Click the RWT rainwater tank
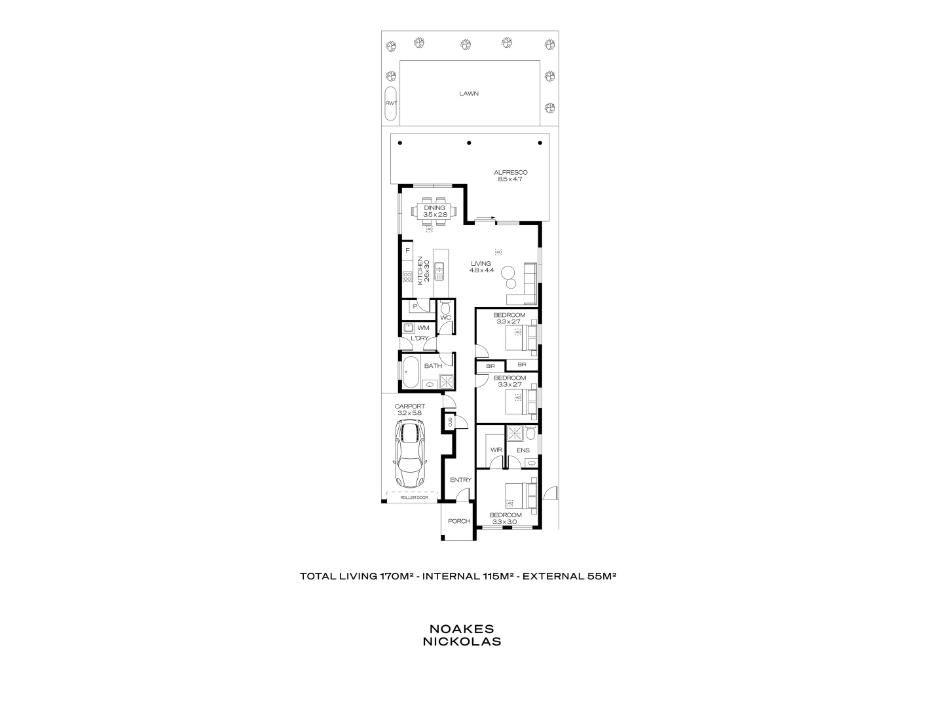pyautogui.click(x=391, y=103)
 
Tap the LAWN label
pyautogui.click(x=468, y=94)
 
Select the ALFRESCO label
pyautogui.click(x=511, y=173)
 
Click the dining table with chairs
pyautogui.click(x=434, y=211)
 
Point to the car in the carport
pyautogui.click(x=408, y=453)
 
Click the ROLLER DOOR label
pyautogui.click(x=414, y=498)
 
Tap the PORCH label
pyautogui.click(x=459, y=522)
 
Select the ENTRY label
pyautogui.click(x=460, y=480)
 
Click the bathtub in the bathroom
pyautogui.click(x=412, y=373)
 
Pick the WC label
pyautogui.click(x=445, y=318)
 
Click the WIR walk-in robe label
pyautogui.click(x=496, y=450)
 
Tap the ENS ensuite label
pyautogui.click(x=523, y=450)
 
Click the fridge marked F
pyautogui.click(x=407, y=251)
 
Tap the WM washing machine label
pyautogui.click(x=423, y=327)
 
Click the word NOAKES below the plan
pyautogui.click(x=462, y=629)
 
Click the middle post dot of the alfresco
pyautogui.click(x=468, y=143)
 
